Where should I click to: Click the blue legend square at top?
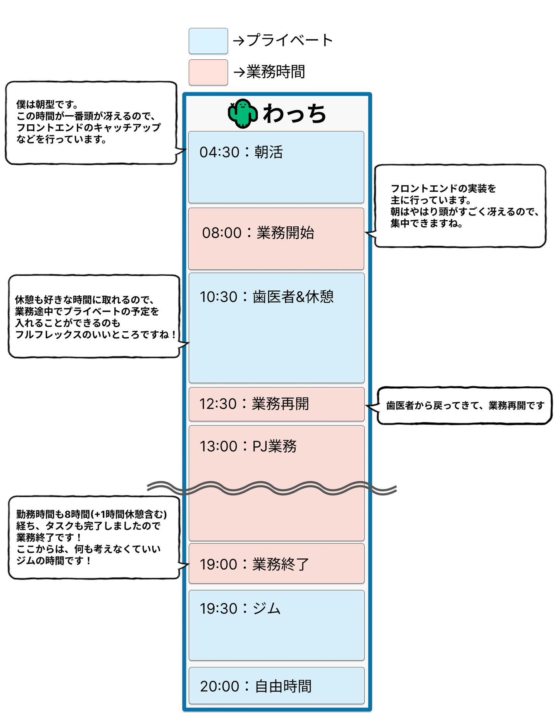click(208, 41)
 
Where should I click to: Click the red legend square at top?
click(208, 72)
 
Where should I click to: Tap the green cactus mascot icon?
click(243, 113)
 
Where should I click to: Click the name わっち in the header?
click(294, 114)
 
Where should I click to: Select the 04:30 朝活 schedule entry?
click(276, 167)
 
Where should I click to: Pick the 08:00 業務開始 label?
click(258, 233)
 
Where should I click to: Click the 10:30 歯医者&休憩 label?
click(267, 297)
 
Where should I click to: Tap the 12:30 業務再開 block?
click(276, 404)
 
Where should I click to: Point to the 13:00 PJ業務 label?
click(248, 446)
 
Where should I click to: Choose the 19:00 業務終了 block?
click(276, 563)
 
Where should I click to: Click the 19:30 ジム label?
click(240, 608)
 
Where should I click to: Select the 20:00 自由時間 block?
click(276, 686)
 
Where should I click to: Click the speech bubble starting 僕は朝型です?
click(91, 122)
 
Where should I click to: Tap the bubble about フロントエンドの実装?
click(460, 206)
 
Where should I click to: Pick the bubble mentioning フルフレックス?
click(94, 316)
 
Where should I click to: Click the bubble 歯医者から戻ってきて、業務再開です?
click(464, 405)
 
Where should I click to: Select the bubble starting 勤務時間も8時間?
click(94, 537)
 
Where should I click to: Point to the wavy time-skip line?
click(271, 488)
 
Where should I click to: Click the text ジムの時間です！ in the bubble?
click(54, 560)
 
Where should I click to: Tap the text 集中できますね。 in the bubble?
click(427, 223)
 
